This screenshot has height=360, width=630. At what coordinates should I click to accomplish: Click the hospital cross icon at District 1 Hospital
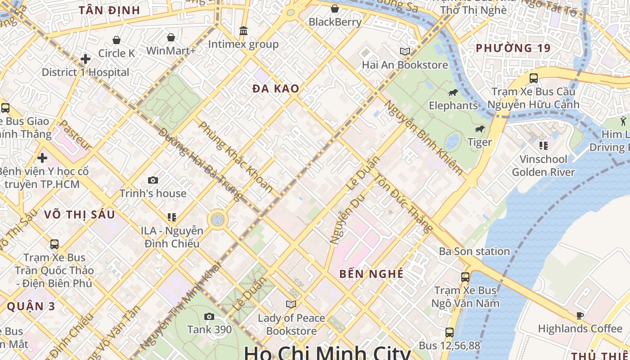click(85, 58)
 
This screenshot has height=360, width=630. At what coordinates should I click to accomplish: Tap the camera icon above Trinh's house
click(153, 180)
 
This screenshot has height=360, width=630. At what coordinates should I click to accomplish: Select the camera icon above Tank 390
click(209, 316)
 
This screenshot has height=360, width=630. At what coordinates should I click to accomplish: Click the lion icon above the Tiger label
click(480, 129)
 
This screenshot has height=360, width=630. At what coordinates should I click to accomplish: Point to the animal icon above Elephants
click(453, 93)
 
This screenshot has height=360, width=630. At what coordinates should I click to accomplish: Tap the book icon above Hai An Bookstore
click(405, 51)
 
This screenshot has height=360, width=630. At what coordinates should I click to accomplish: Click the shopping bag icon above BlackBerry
click(335, 9)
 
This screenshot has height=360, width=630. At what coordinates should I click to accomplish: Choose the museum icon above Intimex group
click(243, 31)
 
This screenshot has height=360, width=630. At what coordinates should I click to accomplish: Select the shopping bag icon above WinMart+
click(171, 37)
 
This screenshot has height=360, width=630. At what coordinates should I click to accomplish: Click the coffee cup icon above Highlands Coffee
click(580, 315)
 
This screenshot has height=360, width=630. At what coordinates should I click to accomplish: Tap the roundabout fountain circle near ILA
click(218, 220)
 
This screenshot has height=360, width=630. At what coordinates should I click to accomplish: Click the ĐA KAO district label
click(276, 89)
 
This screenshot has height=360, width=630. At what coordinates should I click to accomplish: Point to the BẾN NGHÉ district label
click(371, 274)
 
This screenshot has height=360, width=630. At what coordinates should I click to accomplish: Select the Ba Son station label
click(474, 251)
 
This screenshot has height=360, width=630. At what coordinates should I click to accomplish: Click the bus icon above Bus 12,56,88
click(449, 333)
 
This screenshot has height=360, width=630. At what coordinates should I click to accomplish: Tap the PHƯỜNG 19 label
click(513, 48)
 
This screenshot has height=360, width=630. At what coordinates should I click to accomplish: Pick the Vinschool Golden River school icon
click(543, 145)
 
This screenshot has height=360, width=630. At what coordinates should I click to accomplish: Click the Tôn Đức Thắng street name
click(403, 203)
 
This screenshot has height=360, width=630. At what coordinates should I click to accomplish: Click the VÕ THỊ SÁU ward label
click(80, 214)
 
